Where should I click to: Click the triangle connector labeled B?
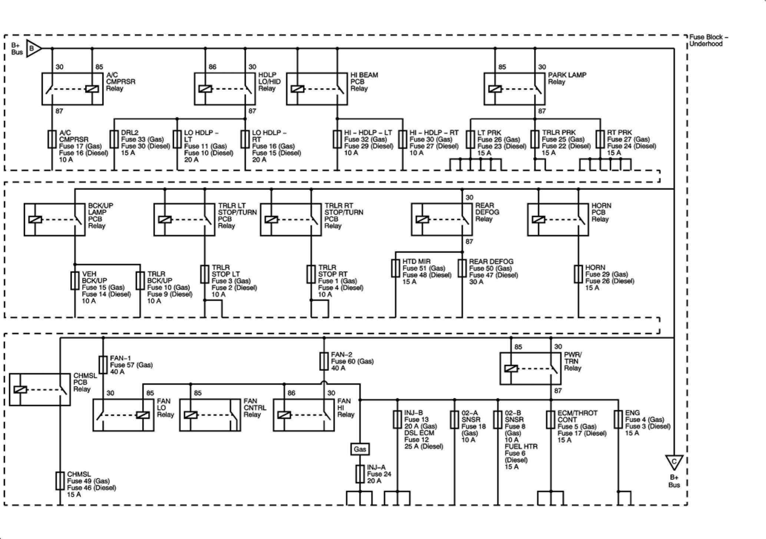click(33, 48)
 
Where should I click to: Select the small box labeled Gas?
click(360, 449)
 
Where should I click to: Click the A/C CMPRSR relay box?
click(72, 89)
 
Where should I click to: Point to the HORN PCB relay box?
click(558, 219)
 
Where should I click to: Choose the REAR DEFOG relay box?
click(442, 219)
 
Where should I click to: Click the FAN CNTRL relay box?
click(210, 415)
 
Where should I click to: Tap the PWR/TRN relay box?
click(530, 368)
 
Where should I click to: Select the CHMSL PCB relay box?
click(40, 389)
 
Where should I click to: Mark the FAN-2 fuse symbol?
click(324, 361)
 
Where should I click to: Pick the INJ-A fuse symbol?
click(360, 474)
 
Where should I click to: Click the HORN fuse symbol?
click(578, 274)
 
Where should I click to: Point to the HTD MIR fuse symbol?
click(395, 268)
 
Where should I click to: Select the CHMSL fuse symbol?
click(60, 481)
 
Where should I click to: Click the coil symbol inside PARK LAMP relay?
click(495, 89)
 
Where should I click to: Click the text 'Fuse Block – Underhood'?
click(708, 40)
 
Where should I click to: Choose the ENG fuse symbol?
click(618, 420)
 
